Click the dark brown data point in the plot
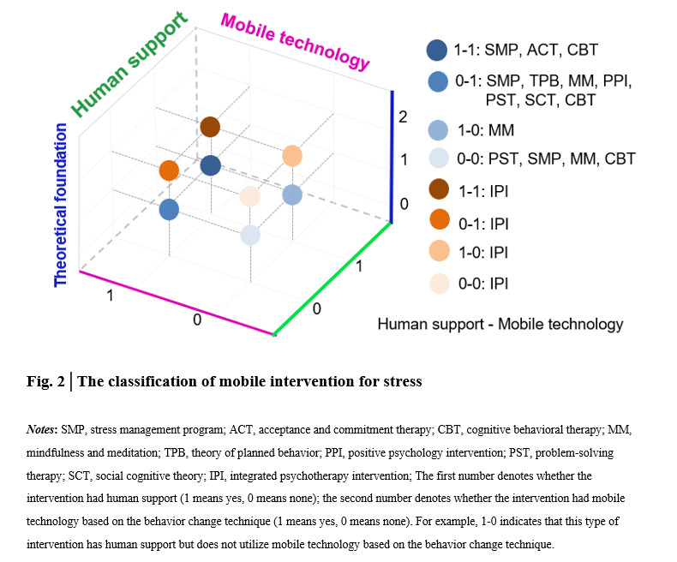point(210,128)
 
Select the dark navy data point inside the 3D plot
point(210,165)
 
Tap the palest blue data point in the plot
point(250,235)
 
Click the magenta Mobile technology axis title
point(295,41)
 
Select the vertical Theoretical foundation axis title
point(61,205)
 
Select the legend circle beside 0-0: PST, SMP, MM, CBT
point(438,158)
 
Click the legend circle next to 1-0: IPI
point(438,252)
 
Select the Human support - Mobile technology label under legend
point(500,324)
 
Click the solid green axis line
point(333,279)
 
